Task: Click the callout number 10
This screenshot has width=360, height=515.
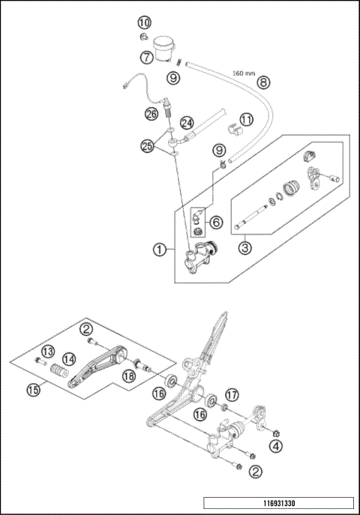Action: pos(144,23)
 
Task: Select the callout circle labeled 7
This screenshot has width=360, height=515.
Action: pos(145,56)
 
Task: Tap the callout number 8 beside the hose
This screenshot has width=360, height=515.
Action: pos(262,82)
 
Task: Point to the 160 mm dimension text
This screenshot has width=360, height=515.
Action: pos(244,73)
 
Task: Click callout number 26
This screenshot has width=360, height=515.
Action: pos(151,114)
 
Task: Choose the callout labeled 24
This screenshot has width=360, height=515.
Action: pos(187,123)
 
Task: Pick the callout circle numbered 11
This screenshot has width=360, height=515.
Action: pos(247,118)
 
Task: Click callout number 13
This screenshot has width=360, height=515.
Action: pos(47,352)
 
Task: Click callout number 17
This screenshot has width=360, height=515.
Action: pos(231,394)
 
